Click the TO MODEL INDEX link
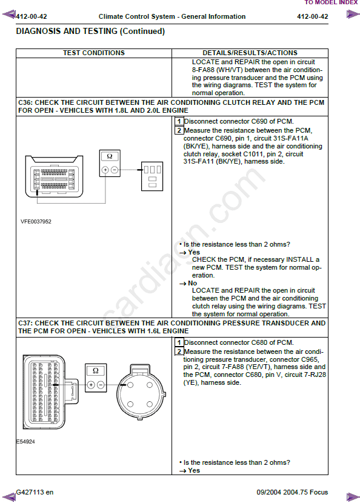tap(331, 2)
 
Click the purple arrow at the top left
tap(9, 15)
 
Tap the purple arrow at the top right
tap(353, 15)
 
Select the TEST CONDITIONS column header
tap(94, 53)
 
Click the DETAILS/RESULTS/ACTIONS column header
tap(250, 53)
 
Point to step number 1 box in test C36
tap(179, 121)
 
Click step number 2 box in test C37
tap(179, 351)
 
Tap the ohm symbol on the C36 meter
tap(110, 156)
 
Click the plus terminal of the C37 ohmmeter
tap(91, 385)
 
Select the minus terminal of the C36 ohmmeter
tap(115, 170)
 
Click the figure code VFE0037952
tap(36, 222)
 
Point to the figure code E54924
tap(25, 442)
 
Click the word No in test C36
tap(193, 283)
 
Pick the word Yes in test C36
tap(194, 252)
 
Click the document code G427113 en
tap(35, 493)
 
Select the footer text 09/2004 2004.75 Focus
tap(292, 493)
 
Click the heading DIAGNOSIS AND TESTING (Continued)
tap(90, 31)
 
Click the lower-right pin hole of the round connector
tap(150, 404)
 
